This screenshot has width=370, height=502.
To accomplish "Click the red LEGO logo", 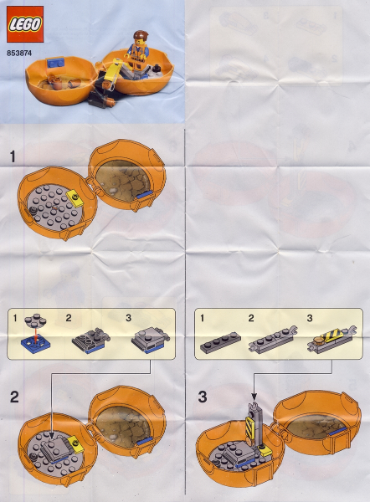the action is click(25, 24).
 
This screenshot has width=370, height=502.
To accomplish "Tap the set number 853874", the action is click(19, 54).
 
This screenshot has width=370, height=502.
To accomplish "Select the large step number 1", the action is click(13, 157).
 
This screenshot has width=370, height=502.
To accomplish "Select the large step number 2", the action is click(14, 397).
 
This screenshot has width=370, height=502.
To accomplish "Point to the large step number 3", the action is click(203, 397).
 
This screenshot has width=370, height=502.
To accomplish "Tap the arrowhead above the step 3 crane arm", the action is click(254, 397).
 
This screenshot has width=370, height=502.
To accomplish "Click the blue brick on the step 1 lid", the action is click(144, 195).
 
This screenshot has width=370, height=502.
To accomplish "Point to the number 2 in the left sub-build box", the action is click(69, 318).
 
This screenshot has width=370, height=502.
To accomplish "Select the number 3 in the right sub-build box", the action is click(310, 318).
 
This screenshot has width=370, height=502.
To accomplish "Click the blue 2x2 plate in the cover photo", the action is click(56, 63).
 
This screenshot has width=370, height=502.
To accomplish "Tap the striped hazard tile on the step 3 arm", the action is click(249, 427).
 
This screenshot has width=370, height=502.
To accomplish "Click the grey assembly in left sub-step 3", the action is click(151, 341).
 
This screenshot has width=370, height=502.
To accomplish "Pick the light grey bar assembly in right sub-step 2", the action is click(273, 339).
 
